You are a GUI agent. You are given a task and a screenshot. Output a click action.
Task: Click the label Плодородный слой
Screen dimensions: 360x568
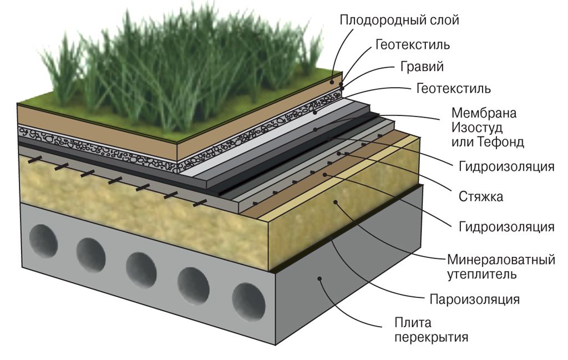coord(399,21)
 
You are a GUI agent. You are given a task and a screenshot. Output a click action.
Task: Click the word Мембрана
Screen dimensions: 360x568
coord(484,113)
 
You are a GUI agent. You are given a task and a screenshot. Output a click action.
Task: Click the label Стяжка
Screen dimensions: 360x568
coord(481,196)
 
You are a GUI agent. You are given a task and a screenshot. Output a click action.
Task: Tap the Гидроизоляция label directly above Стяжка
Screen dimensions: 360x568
coord(506,166)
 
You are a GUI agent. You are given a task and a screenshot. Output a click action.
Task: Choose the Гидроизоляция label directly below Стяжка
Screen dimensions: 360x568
coord(506,226)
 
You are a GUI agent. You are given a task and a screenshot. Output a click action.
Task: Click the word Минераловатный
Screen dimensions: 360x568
coord(501,259)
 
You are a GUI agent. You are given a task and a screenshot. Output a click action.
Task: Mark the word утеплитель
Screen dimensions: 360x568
coord(481,273)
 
